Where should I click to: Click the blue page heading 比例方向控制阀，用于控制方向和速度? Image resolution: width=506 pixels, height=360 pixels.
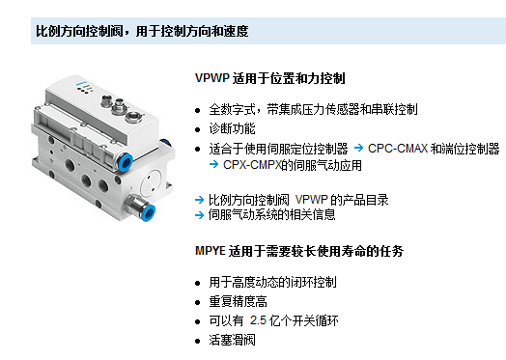tap(142, 31)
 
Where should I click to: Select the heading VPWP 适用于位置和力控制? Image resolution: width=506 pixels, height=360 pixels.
tap(270, 78)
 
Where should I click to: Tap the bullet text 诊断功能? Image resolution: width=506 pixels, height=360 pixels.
tap(232, 128)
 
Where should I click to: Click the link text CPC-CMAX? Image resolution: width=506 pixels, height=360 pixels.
tap(398, 149)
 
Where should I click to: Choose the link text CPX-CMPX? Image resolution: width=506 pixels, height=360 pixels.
tap(252, 165)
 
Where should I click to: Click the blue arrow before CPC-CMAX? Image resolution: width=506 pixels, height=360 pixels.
tap(359, 148)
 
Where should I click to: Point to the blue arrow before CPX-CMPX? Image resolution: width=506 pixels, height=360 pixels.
tap(213, 164)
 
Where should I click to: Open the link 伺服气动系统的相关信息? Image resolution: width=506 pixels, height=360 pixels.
tap(271, 215)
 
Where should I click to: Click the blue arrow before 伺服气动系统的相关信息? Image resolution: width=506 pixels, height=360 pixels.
tap(200, 215)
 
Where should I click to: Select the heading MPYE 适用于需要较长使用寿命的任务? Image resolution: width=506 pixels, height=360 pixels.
tap(299, 251)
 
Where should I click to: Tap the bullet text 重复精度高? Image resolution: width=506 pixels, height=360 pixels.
tap(238, 302)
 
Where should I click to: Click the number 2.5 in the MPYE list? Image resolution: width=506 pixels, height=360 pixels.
tap(258, 320)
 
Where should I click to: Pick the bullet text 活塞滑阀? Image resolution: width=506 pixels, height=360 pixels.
tap(232, 341)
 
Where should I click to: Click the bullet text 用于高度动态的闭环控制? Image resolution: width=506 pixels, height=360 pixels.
tap(272, 282)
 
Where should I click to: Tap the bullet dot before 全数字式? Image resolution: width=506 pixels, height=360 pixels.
tap(198, 111)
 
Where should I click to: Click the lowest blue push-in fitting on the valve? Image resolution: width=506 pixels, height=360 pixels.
tap(148, 212)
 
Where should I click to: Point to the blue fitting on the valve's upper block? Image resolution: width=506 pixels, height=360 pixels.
tap(125, 162)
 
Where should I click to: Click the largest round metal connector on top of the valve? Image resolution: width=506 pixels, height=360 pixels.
tap(132, 117)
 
